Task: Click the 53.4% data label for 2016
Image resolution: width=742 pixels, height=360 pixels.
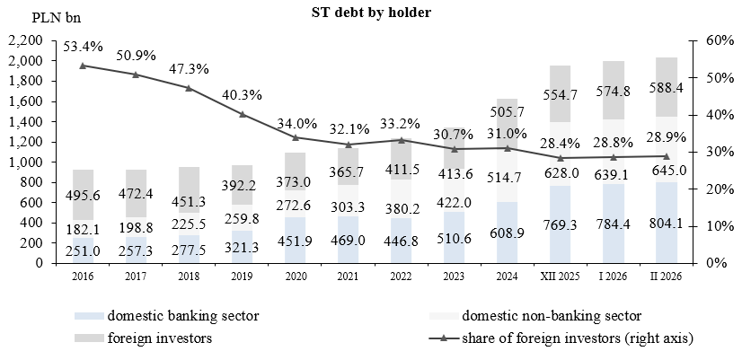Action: click(x=84, y=47)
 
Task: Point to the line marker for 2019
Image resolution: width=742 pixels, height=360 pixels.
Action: click(x=243, y=114)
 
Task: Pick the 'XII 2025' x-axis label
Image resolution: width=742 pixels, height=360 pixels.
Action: click(x=560, y=277)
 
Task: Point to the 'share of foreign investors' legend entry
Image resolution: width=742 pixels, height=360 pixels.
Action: click(x=576, y=338)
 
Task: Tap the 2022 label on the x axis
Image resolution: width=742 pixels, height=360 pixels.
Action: click(x=402, y=277)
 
